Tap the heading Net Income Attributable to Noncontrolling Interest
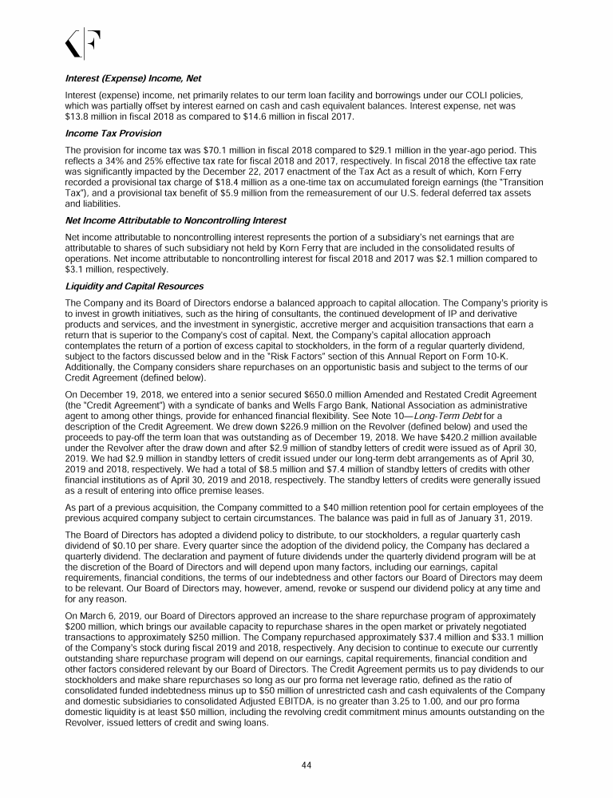click(x=175, y=219)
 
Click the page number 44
click(x=306, y=764)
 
